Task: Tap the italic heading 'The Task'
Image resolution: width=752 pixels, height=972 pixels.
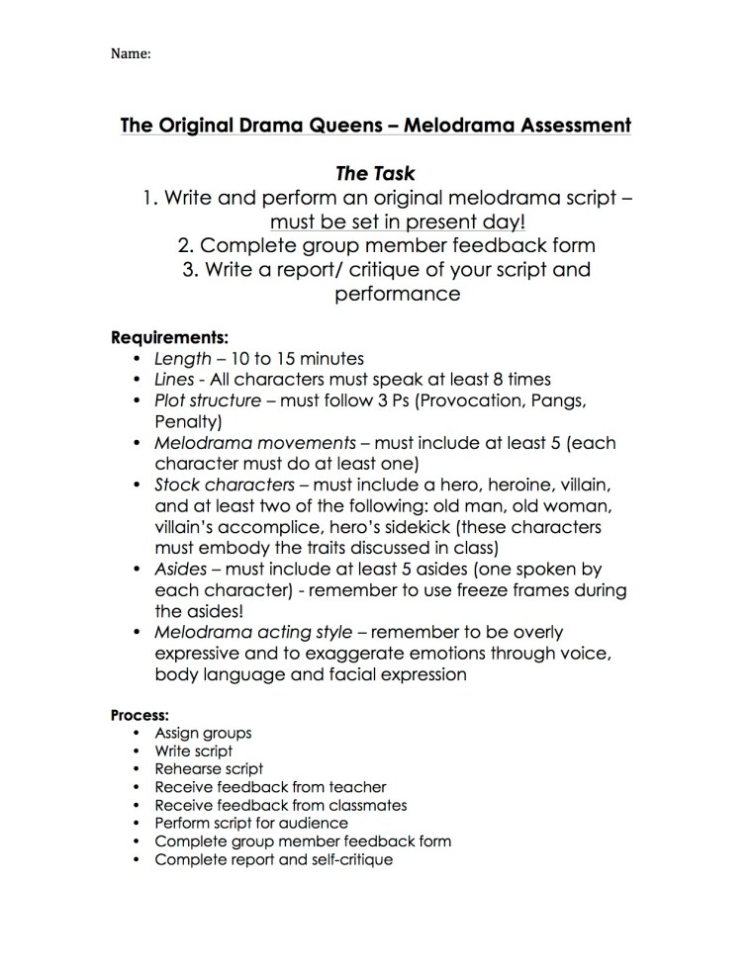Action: tap(375, 174)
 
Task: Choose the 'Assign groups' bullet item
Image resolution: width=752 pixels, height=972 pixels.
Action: tap(203, 733)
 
